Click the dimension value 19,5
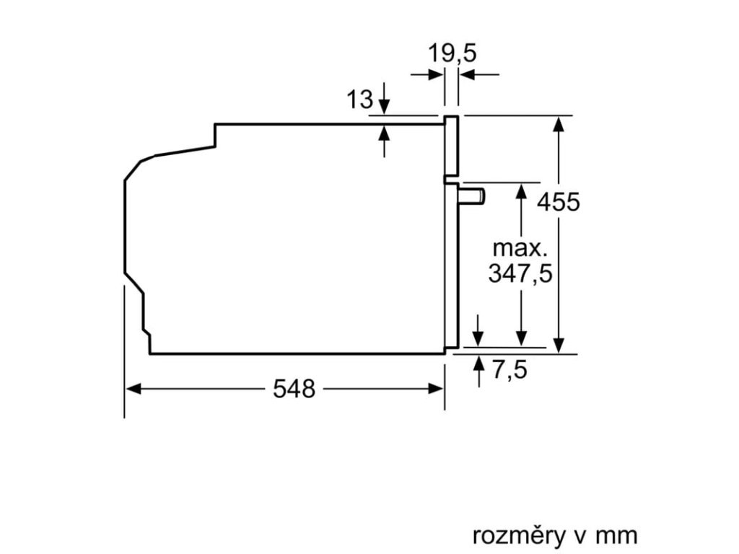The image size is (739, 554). coord(453,53)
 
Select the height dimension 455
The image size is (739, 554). coord(558,202)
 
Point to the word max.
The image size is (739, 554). coord(520,249)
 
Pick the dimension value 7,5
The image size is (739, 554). coord(510,371)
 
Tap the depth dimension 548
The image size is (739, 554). coord(294,390)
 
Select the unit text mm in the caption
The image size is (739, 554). coord(617,536)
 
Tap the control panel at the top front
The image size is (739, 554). coord(451,146)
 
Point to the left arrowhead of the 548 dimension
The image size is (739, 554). coord(131,389)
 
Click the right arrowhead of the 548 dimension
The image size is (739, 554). coord(437,389)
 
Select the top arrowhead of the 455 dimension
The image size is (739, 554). coord(558,123)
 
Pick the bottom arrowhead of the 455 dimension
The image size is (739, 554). coord(558,346)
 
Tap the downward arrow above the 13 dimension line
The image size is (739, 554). coord(384,105)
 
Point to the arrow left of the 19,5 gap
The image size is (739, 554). coord(435,74)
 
